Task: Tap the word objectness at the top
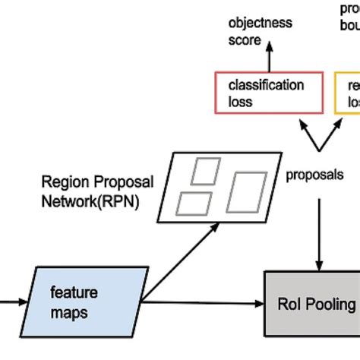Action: [260, 23]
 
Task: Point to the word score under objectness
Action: [245, 39]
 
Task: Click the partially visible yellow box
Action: [349, 93]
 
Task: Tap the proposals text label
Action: [314, 174]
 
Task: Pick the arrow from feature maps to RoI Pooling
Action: [205, 305]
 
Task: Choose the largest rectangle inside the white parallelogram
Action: [248, 193]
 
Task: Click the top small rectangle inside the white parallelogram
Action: [205, 172]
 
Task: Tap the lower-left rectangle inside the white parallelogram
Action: [194, 203]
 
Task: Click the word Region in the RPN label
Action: [62, 182]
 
